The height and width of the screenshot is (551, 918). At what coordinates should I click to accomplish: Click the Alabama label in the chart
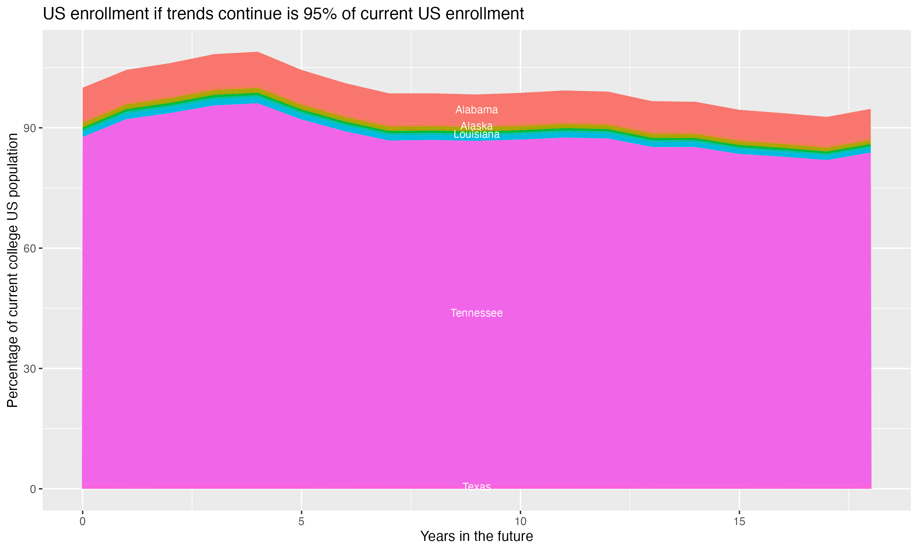[476, 110]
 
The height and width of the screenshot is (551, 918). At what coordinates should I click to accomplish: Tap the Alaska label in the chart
[476, 126]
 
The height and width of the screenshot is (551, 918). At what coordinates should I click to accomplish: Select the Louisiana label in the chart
[476, 134]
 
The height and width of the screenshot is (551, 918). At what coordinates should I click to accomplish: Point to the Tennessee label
[476, 313]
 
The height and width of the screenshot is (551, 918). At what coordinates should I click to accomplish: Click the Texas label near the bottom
[476, 486]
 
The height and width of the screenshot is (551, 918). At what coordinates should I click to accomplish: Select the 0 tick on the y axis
[33, 489]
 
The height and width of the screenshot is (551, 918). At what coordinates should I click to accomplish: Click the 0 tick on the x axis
[82, 522]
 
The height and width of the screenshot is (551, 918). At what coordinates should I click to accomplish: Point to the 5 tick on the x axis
[301, 522]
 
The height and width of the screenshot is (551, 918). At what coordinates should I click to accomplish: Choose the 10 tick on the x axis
[520, 522]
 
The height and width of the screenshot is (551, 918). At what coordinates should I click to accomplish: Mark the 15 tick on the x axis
[739, 522]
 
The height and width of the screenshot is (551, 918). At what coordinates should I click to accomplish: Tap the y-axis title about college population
[13, 270]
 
